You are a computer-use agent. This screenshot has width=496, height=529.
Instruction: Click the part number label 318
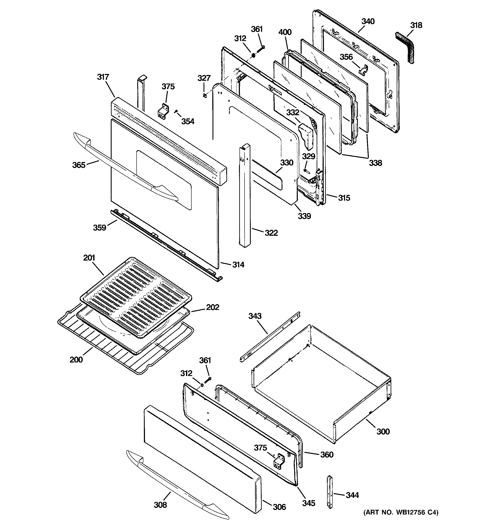coord(416,25)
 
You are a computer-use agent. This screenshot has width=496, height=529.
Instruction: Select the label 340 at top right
coord(368,22)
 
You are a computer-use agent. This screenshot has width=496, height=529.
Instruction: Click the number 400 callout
coord(285,32)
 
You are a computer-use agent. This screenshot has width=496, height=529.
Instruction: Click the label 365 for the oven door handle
coord(79,165)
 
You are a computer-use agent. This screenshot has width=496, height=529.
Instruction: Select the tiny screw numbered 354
coord(176,112)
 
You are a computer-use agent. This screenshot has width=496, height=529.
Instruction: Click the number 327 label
coord(204,78)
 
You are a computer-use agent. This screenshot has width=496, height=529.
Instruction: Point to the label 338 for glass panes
coord(375,163)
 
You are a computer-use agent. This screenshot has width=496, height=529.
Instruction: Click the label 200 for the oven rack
coord(76,360)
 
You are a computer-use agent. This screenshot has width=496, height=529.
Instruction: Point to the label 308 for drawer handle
coord(160,505)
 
